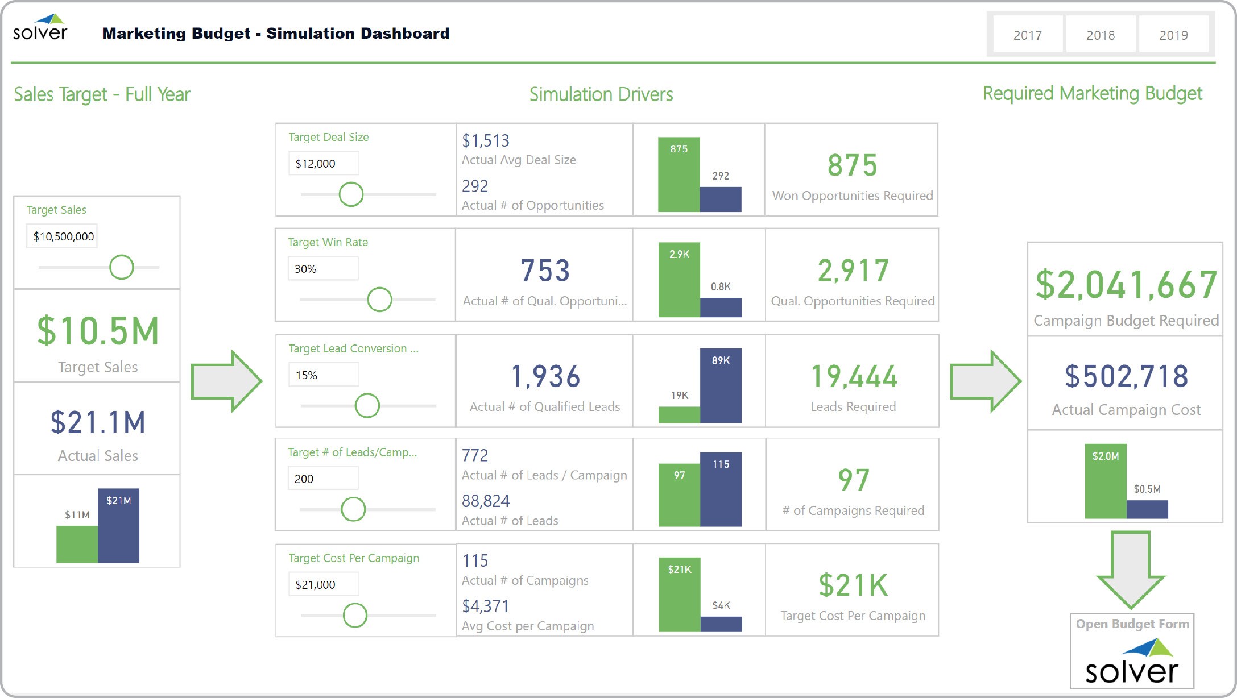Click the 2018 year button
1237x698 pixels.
[x=1100, y=35]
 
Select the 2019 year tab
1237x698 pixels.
[x=1173, y=35]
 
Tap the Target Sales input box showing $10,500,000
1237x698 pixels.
[x=62, y=236]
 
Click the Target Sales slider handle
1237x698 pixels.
[x=122, y=267]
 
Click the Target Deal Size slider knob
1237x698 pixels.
[x=351, y=194]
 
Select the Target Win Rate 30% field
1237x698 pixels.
[x=323, y=269]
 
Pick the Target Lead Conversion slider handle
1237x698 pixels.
[x=367, y=406]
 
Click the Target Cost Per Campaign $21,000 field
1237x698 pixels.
[x=323, y=584]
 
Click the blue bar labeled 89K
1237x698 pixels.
[x=721, y=386]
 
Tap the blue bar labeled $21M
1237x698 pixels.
[x=118, y=526]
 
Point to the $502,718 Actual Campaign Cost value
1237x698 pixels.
[x=1126, y=376]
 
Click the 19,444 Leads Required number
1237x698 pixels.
[x=853, y=376]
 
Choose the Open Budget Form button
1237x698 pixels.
[x=1132, y=651]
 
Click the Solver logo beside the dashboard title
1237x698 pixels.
[x=40, y=28]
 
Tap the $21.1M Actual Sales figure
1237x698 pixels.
[x=97, y=423]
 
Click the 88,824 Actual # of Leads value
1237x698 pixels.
[x=485, y=501]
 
